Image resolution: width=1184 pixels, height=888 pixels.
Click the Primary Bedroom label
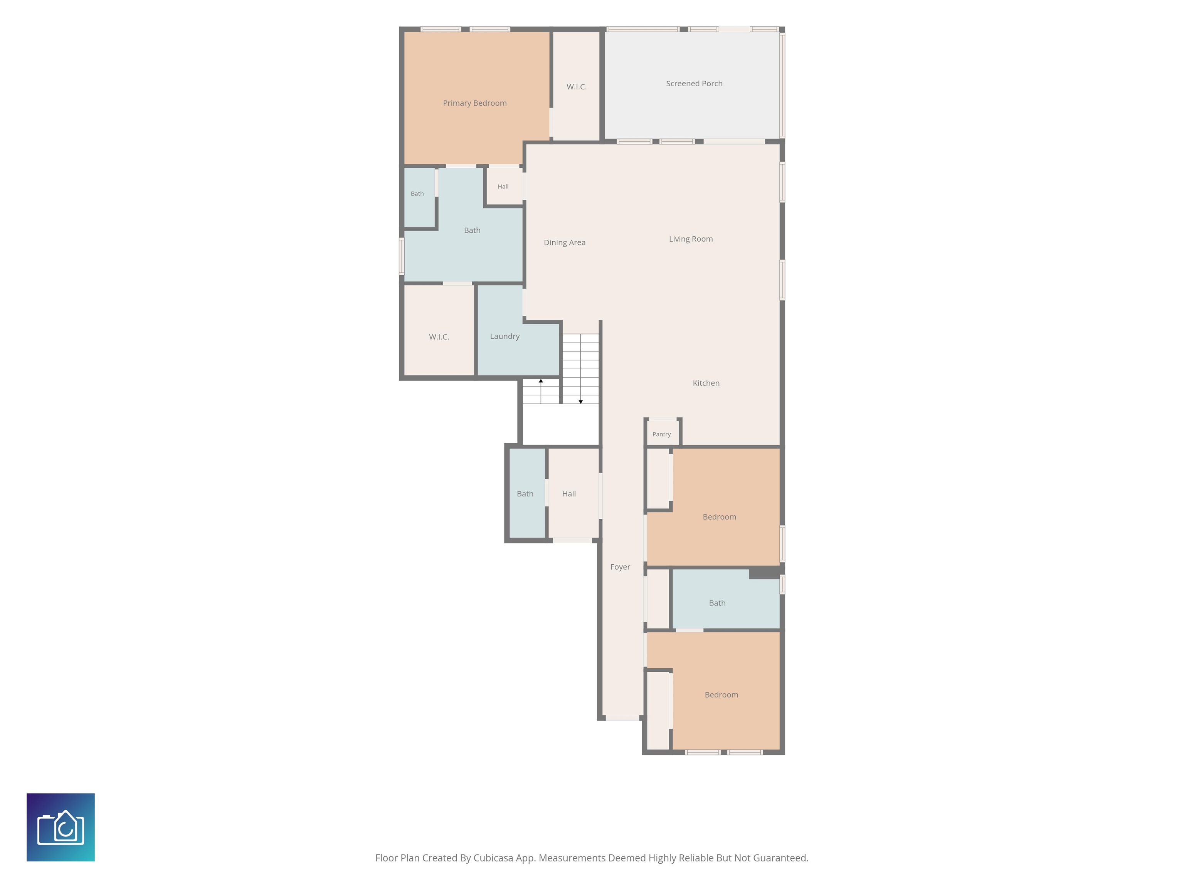474,103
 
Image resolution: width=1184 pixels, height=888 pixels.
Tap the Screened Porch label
694,84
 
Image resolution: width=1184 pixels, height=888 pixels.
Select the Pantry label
662,434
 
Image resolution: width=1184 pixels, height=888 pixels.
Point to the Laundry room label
505,336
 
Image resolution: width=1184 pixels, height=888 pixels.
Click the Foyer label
621,567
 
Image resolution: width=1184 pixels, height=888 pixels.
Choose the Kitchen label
706,383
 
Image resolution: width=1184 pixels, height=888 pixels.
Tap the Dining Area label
565,242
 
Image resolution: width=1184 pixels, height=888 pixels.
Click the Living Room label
691,239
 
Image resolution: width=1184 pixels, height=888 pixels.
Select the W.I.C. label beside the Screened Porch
577,87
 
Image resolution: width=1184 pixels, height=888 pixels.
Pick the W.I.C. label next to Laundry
439,337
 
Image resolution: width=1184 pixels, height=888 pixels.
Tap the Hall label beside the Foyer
569,494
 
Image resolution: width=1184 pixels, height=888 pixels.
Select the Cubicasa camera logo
61,827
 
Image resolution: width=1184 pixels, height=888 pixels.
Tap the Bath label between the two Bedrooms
717,603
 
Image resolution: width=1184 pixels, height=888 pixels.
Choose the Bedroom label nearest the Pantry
720,517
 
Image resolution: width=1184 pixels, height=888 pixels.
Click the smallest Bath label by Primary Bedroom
417,194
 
